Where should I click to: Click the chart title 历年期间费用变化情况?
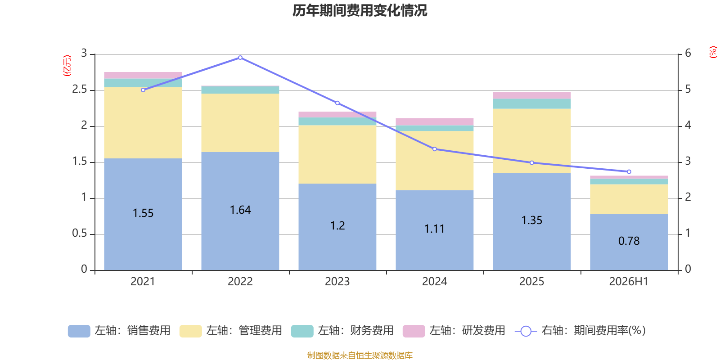coord(360,11)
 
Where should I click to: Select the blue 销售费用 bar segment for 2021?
coord(143,214)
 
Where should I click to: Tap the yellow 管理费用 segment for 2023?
coord(337,155)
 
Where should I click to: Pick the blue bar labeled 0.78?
coord(629,242)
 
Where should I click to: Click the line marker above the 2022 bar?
coord(240,58)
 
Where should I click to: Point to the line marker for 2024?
coord(435,149)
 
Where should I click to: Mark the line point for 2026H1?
coord(629,171)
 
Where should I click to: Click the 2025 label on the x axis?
coord(531,282)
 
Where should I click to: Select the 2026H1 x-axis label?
coord(629,282)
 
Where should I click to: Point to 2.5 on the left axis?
coord(80,90)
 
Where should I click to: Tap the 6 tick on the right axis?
coord(688,53)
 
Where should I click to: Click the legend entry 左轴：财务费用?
coord(342,331)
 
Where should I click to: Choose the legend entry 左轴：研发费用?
coord(454,331)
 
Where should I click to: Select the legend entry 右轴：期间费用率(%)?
coord(580,331)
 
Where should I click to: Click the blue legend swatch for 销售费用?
coord(79,331)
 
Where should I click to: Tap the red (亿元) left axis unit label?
coord(67,66)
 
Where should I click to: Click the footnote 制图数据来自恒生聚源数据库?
coord(360,355)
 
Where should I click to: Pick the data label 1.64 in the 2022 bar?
coord(240,210)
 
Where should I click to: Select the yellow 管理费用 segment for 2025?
coord(531,141)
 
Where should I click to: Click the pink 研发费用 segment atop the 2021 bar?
coord(143,76)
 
